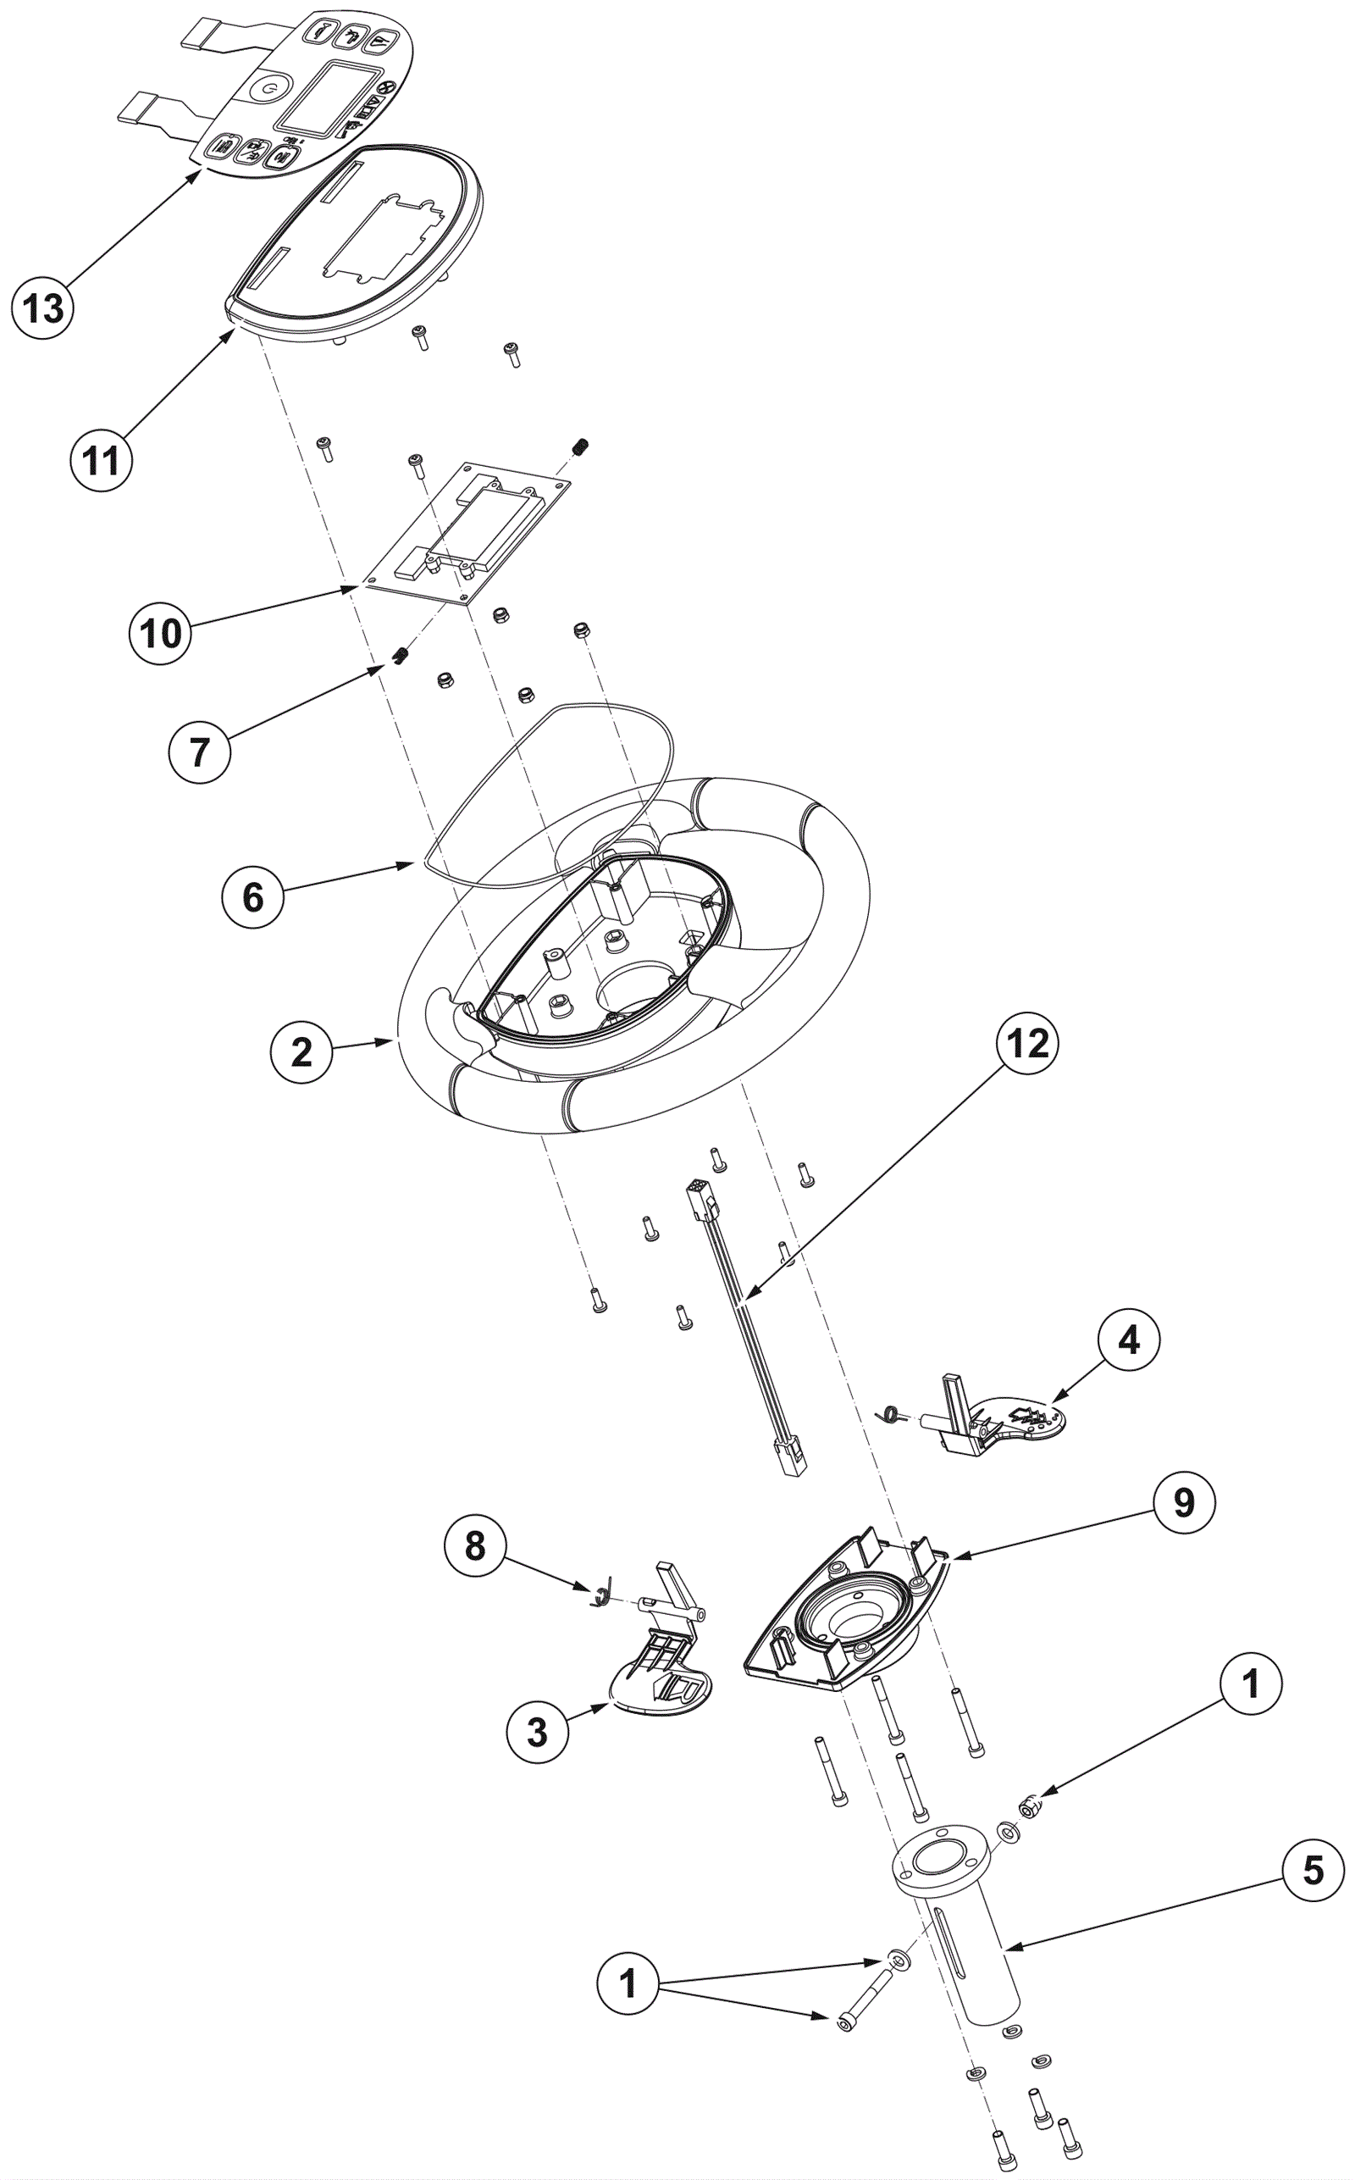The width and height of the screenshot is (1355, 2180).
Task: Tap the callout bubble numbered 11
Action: point(102,461)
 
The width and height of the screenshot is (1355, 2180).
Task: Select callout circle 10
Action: point(160,633)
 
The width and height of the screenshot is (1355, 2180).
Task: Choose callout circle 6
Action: point(253,896)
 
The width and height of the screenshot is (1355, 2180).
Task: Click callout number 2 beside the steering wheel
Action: point(301,1051)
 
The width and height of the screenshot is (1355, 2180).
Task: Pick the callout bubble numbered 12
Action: point(1028,1042)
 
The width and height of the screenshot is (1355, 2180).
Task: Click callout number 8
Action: point(475,1545)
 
